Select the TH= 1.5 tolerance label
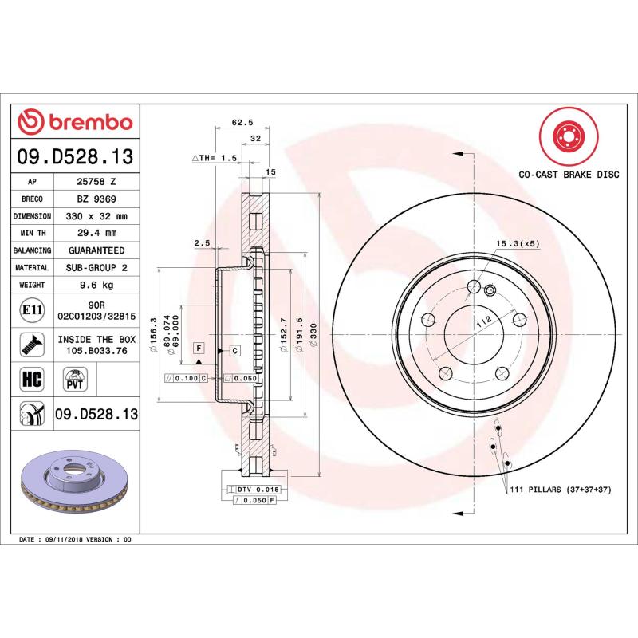tap(215, 158)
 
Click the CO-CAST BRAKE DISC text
tap(569, 173)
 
